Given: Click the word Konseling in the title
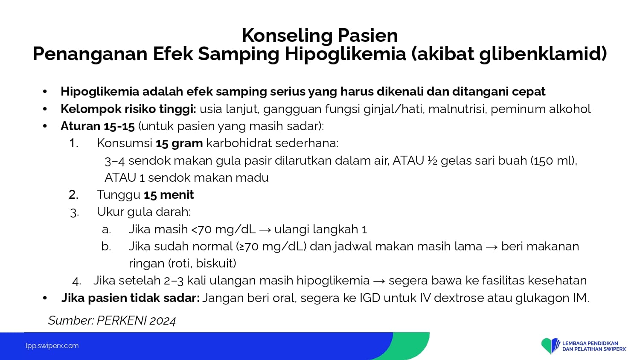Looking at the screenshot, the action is pos(287,36).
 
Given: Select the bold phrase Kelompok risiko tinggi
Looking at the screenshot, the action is pos(128,109).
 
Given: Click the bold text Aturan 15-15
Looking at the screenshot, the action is pos(97,126).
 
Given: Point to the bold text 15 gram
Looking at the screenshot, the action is pos(179,143).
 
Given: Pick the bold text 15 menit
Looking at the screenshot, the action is pos(169,195).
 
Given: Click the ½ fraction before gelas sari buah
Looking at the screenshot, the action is pos(432,160).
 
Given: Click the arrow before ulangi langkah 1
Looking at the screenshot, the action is pos(265,230).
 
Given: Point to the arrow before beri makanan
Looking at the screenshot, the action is pos(492,247).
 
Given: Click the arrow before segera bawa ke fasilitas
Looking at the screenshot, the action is pos(379,281).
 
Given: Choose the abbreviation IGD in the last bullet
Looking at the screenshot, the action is pos(370,298).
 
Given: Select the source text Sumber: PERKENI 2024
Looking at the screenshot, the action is pos(112,321).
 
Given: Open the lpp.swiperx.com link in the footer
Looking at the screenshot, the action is pos(52,346).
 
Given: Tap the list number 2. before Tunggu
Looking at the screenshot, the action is pos(74,195).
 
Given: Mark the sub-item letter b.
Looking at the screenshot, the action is pos(106,246).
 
